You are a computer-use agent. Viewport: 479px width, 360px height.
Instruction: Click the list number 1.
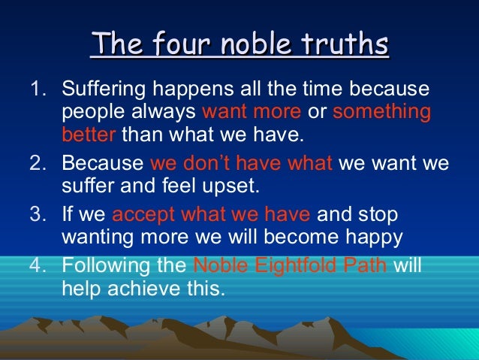(38, 90)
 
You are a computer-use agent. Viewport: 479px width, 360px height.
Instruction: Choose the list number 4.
(38, 265)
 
